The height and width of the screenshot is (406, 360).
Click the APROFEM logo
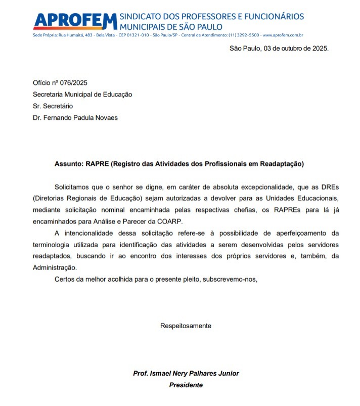tap(74, 21)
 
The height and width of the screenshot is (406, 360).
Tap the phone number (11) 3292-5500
tap(244, 35)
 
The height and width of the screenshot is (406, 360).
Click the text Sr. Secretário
tap(53, 106)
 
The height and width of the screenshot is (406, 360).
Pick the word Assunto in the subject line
tap(69, 164)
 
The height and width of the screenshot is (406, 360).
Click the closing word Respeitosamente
tap(186, 326)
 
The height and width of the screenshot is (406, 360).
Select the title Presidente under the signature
tap(186, 385)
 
